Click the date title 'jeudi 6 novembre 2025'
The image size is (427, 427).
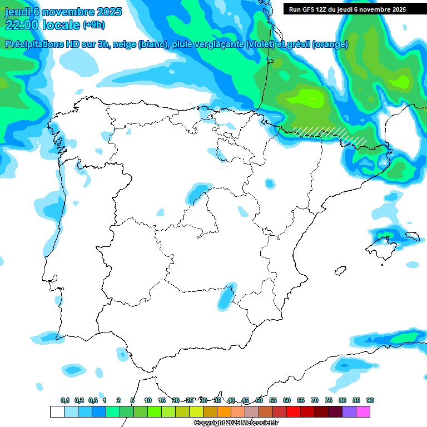tap(57, 12)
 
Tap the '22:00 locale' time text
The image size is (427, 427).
tap(42, 25)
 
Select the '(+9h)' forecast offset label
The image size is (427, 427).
tap(93, 25)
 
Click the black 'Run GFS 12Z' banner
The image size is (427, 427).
tap(347, 9)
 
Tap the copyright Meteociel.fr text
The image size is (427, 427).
tap(236, 423)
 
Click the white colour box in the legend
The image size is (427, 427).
tap(57, 412)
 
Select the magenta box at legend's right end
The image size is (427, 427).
tap(363, 412)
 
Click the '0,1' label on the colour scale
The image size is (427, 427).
tap(65, 401)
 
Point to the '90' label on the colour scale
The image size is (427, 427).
tap(370, 401)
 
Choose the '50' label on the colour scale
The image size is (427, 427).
tap(259, 401)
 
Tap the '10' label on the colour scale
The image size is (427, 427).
tap(148, 401)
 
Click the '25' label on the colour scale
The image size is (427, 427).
tap(190, 401)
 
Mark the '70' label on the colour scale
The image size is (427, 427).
tap(315, 401)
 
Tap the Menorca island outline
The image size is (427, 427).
tap(412, 237)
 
